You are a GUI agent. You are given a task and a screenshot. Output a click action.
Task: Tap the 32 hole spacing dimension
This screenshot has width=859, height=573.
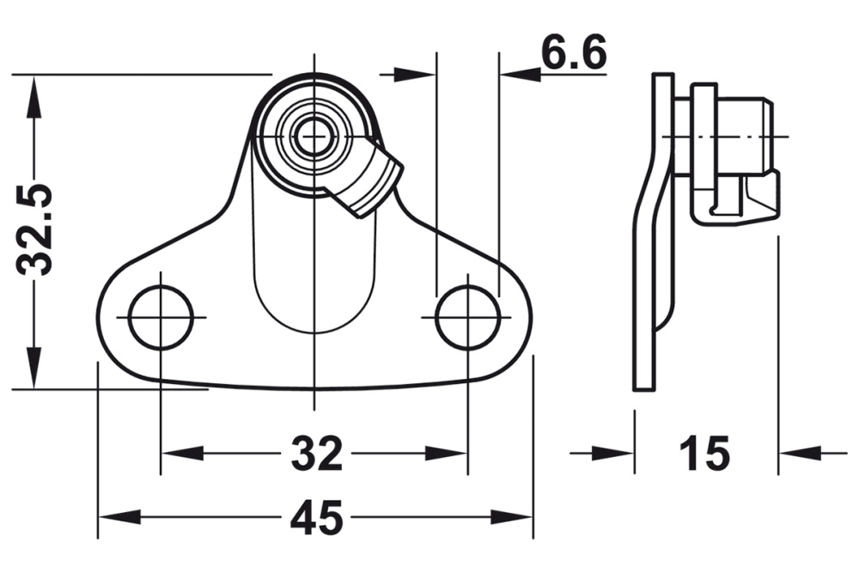click(315, 454)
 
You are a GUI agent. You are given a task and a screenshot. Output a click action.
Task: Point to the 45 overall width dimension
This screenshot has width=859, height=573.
click(315, 517)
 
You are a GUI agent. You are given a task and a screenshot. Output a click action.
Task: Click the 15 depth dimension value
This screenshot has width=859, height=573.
click(704, 453)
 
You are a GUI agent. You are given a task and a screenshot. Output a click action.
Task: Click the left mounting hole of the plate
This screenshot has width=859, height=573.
click(160, 317)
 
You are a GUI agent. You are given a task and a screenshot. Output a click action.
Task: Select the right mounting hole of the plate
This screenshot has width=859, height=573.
click(468, 317)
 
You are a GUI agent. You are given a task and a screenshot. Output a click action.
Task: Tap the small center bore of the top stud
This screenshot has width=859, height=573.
click(314, 134)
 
